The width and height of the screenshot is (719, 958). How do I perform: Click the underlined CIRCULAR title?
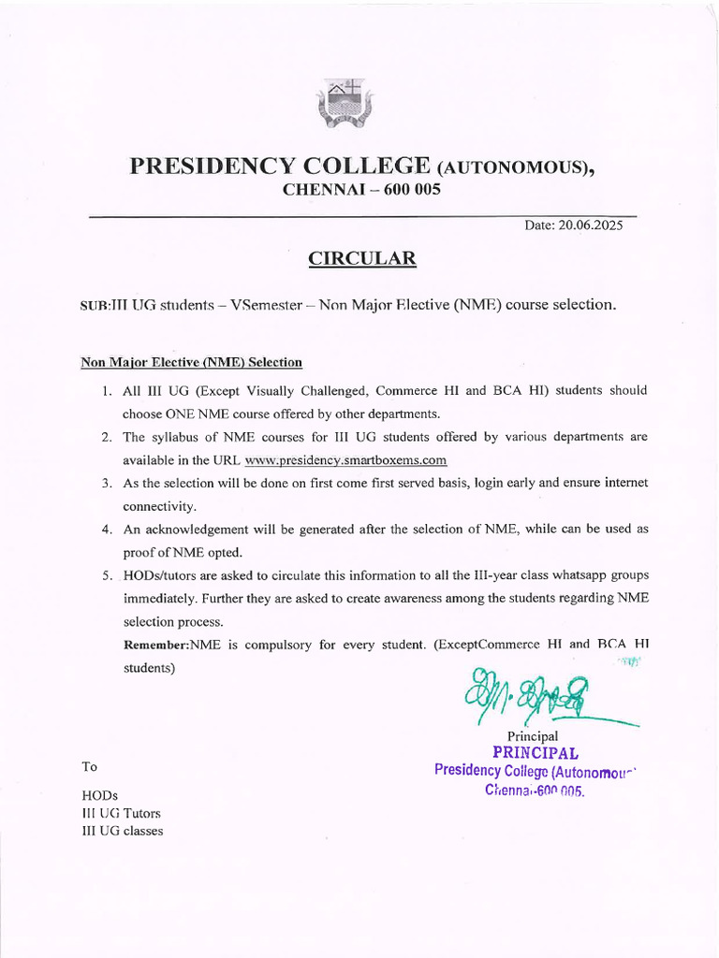click(x=361, y=259)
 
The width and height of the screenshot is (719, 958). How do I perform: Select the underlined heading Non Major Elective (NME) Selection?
click(x=191, y=362)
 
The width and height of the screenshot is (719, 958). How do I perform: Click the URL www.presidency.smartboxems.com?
click(x=345, y=459)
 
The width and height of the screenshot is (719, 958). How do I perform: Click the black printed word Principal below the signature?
click(x=532, y=736)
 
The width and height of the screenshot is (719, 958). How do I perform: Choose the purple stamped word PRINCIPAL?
click(x=535, y=753)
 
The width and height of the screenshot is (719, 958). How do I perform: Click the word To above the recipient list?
click(x=90, y=766)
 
